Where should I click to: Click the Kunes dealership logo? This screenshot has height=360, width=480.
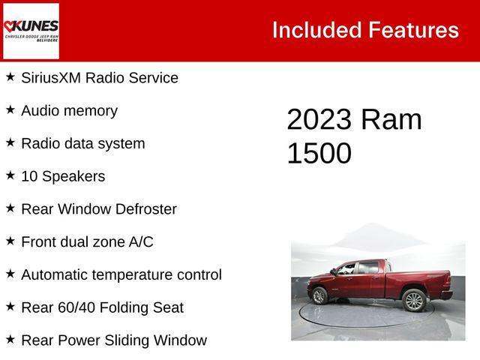coord(31,31)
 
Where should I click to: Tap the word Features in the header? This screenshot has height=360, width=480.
coord(413,30)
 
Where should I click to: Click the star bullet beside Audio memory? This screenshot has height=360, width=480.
coord(10,109)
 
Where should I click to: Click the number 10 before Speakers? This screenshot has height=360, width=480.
coord(29,176)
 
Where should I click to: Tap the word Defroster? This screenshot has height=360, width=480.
coord(146,209)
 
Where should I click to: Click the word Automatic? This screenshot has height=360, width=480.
coord(56,274)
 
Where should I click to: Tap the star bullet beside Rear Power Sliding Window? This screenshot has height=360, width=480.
coord(10,339)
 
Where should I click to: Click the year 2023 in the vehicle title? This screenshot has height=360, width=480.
coord(319,120)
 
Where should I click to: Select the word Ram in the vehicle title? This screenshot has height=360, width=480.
coord(391,120)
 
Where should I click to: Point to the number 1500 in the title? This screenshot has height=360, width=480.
coord(319,153)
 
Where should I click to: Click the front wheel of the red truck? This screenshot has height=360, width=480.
coord(319,296)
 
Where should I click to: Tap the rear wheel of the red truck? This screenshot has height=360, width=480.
coord(413,300)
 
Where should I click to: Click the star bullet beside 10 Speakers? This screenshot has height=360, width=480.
coord(10,175)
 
